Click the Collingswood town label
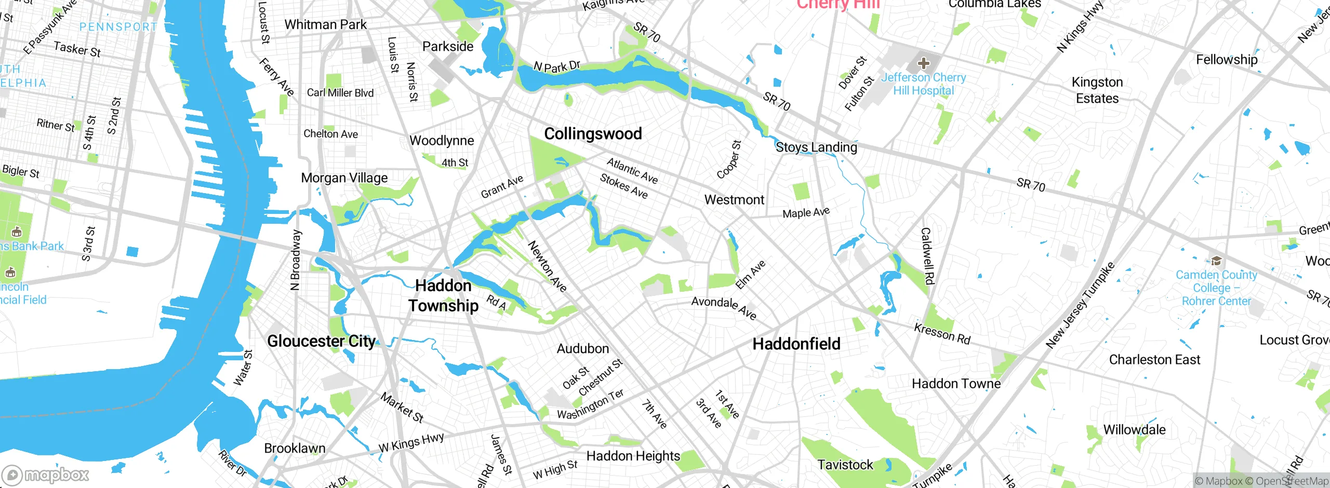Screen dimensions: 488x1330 click(593, 134)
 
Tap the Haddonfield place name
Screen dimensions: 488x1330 click(796, 344)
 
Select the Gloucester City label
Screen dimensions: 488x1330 click(321, 341)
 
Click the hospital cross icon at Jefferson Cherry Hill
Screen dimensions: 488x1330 click(923, 64)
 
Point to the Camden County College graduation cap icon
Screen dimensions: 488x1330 click(1216, 261)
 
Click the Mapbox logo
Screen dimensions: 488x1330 click(46, 475)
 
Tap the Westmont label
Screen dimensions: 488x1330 click(734, 200)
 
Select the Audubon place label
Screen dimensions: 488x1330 click(582, 348)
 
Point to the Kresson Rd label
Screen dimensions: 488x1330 click(942, 334)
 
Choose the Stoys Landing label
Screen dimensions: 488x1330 click(816, 147)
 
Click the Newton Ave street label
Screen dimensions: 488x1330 click(547, 266)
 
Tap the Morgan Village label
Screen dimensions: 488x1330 click(344, 178)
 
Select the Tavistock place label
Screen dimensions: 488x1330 click(845, 465)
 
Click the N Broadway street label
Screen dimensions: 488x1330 click(295, 260)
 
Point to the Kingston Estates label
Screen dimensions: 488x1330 click(1097, 90)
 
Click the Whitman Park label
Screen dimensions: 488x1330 click(325, 24)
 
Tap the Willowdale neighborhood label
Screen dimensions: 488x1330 click(1134, 430)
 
